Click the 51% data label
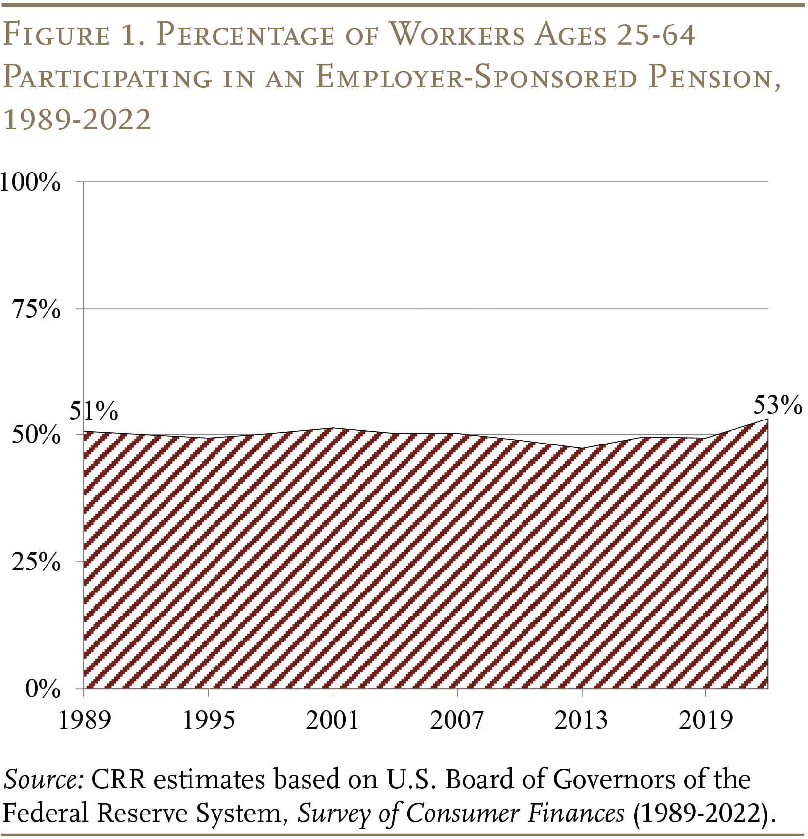pos(93,410)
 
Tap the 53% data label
pos(777,405)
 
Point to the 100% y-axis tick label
pos(30,183)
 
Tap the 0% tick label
pos(43,689)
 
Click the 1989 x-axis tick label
pos(85,720)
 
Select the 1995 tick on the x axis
pos(209,720)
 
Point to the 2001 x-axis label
pos(333,720)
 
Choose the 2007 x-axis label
pos(457,720)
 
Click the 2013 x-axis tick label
pos(581,720)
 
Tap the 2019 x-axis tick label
pos(705,720)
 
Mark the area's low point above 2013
pos(582,448)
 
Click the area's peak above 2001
pos(333,428)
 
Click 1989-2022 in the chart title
pos(77,120)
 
